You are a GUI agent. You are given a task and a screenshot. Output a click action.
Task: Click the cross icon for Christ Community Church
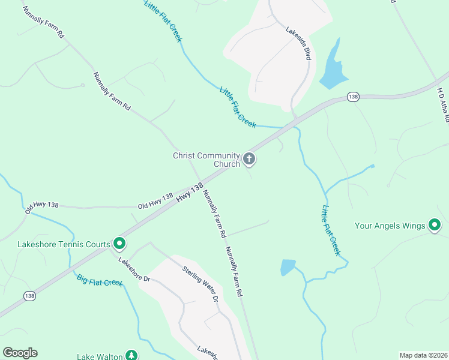click(x=249, y=160)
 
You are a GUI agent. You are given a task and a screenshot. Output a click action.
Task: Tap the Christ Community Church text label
click(x=206, y=160)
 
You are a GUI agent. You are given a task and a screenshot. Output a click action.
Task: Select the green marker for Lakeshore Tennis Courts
click(x=119, y=244)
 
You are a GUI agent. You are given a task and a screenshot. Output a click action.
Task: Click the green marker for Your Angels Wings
click(x=435, y=226)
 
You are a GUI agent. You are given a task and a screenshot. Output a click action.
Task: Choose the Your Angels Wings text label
click(x=390, y=226)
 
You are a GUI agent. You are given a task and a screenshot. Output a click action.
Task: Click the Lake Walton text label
click(x=100, y=356)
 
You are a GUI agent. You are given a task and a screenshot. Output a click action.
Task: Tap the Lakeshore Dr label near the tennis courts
click(x=133, y=270)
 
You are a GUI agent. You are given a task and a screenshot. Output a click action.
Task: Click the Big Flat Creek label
click(x=100, y=280)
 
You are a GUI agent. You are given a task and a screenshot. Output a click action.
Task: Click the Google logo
click(x=20, y=353)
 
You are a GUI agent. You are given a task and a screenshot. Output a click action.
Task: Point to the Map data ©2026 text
click(x=423, y=355)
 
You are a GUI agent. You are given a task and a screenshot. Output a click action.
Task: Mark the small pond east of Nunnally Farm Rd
click(x=288, y=267)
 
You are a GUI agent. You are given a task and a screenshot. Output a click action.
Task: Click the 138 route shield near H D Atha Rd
click(x=353, y=97)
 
